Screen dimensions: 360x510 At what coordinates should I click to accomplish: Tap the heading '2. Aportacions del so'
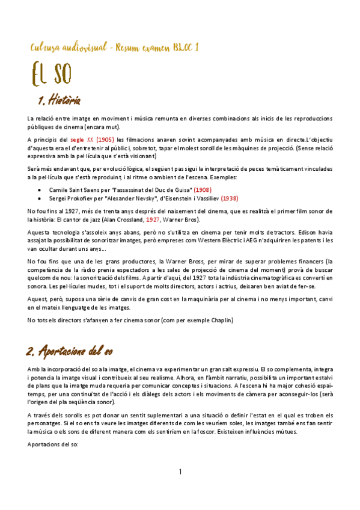pyautogui.click(x=70, y=349)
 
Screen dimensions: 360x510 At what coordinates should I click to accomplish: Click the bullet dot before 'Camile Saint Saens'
pyautogui.click(x=40, y=189)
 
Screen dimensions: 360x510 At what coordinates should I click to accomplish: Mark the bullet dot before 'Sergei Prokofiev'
pyautogui.click(x=40, y=197)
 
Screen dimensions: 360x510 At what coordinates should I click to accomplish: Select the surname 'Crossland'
pyautogui.click(x=127, y=220)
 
